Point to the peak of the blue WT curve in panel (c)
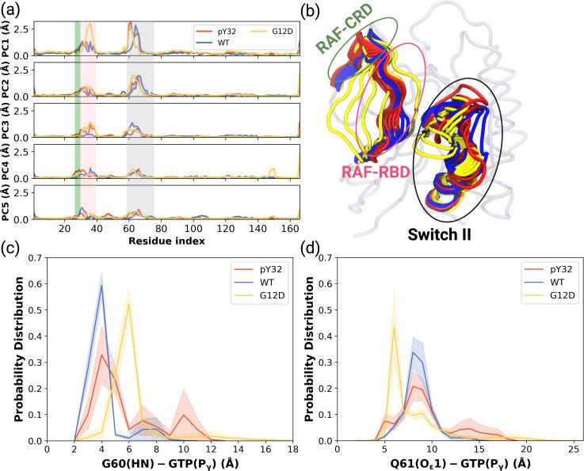click(101, 286)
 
